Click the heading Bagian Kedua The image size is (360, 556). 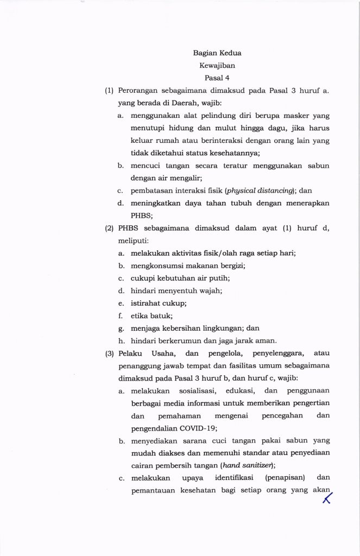tap(217, 53)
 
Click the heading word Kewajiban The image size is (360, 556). tap(217, 66)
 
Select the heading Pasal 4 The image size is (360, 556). tap(217, 78)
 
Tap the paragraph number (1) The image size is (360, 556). tap(109, 91)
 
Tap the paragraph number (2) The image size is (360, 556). tap(109, 228)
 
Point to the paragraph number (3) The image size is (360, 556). tap(109, 353)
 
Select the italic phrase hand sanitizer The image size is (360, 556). tap(247, 465)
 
